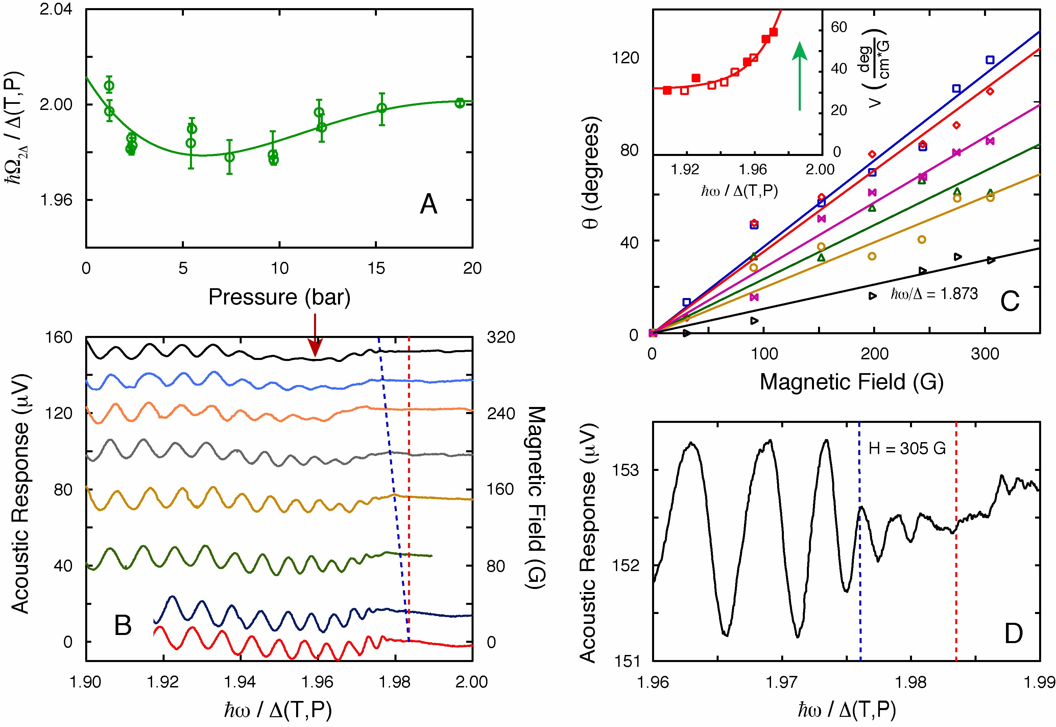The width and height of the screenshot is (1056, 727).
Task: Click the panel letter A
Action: pyautogui.click(x=428, y=205)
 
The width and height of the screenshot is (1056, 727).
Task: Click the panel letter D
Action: pyautogui.click(x=1013, y=634)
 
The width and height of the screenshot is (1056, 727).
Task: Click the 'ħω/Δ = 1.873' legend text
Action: pyautogui.click(x=934, y=294)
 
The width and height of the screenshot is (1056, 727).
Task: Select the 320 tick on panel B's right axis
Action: pyautogui.click(x=501, y=338)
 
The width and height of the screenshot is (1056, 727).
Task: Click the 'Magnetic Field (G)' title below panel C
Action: pyautogui.click(x=851, y=381)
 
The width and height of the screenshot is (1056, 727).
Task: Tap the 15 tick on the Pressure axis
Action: pyautogui.click(x=376, y=268)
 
